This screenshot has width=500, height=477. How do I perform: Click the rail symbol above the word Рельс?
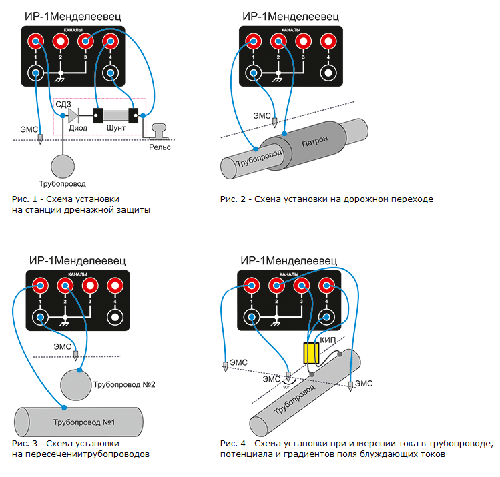pos(160,131)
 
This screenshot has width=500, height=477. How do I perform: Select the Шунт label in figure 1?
pos(115,127)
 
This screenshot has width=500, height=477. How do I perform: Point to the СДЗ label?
pos(65,103)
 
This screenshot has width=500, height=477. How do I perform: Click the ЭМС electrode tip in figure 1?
pos(41,139)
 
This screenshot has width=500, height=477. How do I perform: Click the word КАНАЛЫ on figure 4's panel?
pos(289,274)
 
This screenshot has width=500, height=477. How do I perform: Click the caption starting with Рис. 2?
pos(326,199)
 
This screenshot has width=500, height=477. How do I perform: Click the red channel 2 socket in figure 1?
pos(61,41)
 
